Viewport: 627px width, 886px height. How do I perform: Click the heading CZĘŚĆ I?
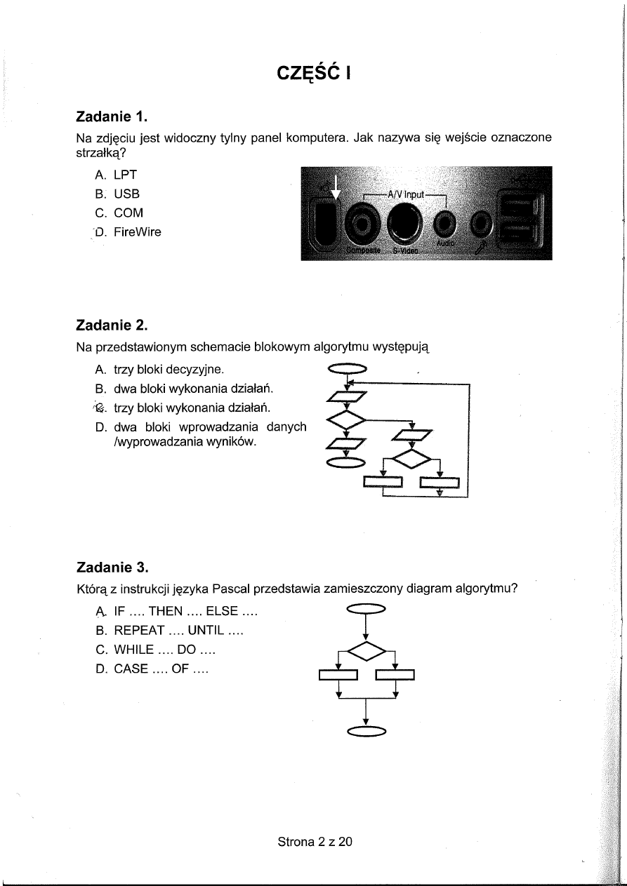coord(313,73)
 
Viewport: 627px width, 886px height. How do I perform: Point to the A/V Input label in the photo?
coord(404,194)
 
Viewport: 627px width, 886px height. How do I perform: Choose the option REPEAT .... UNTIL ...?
coord(178,631)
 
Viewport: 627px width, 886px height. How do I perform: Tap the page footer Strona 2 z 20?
coord(315,841)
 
